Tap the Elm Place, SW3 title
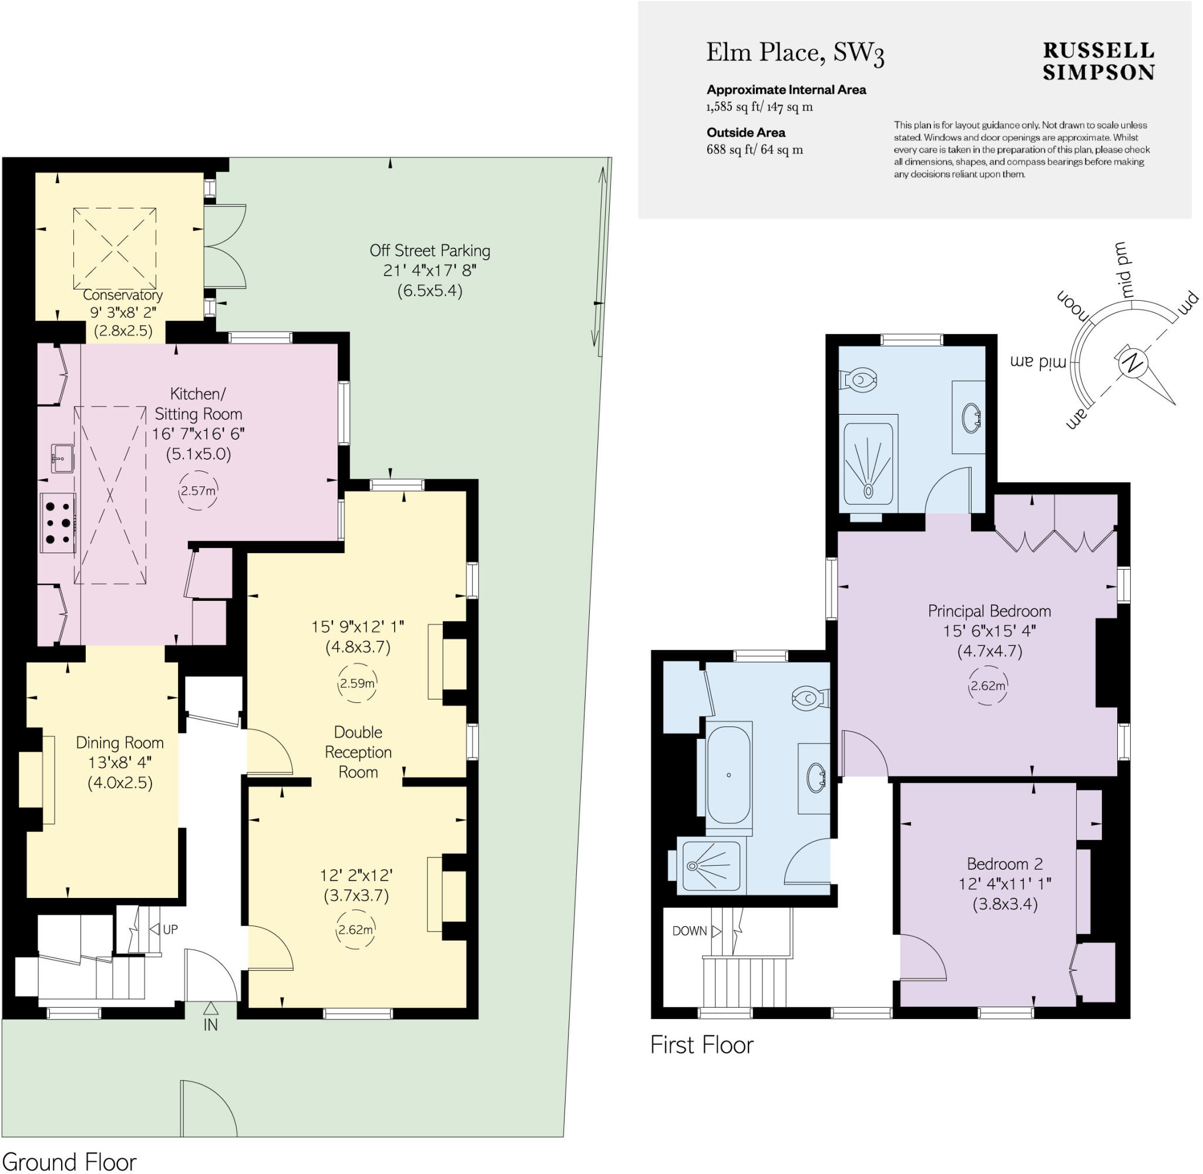pos(794,52)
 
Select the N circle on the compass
pos(1131,362)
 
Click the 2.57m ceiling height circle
pos(198,491)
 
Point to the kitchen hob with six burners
pos(58,523)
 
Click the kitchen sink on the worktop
pos(62,458)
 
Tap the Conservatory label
pos(123,295)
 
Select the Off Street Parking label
pos(430,251)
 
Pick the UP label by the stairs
pos(170,929)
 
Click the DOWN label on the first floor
pos(689,930)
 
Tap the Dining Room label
pos(120,742)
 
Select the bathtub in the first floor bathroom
pos(729,774)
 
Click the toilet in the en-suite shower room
pos(858,379)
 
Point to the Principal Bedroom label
pos(989,611)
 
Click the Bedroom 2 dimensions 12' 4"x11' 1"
pos(1004,883)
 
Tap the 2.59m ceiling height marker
pos(357,683)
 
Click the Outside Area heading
pos(745,133)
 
